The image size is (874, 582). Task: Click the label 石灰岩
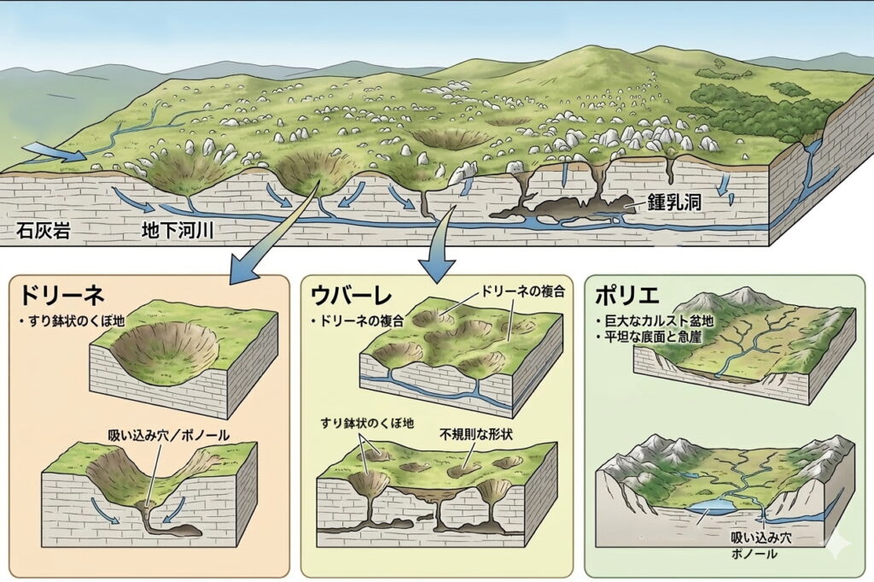[41, 230]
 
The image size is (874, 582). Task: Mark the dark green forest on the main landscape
[751, 107]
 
